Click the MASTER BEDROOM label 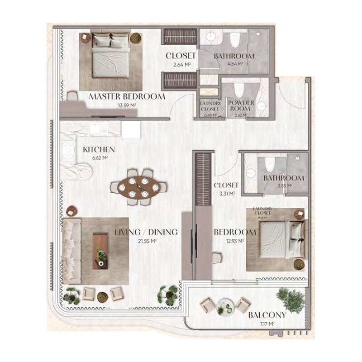127,96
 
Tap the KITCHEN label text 99,149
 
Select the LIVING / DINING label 146,232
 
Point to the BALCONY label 267,315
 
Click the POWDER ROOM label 241,106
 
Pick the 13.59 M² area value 127,105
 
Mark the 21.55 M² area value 146,241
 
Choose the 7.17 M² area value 267,324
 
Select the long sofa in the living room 71,252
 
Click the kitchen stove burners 68,149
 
